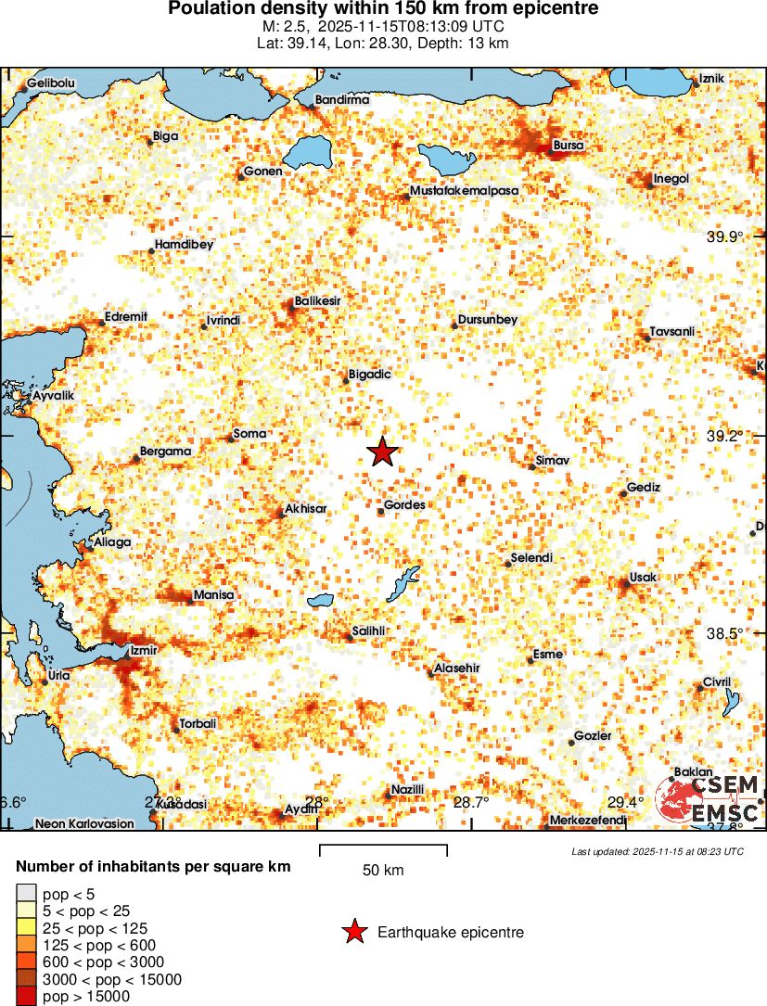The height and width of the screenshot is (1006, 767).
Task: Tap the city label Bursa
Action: click(x=568, y=146)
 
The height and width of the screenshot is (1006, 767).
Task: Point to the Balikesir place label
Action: click(x=317, y=301)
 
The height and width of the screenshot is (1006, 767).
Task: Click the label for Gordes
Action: click(x=404, y=505)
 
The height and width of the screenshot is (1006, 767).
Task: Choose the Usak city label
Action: click(x=643, y=578)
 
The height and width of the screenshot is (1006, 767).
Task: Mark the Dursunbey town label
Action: click(x=487, y=320)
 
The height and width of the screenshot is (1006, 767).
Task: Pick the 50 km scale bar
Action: click(x=383, y=849)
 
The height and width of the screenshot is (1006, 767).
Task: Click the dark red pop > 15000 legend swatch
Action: click(x=26, y=996)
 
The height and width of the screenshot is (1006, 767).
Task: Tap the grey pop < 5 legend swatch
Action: click(x=26, y=895)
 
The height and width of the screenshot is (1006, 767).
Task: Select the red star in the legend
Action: click(x=354, y=932)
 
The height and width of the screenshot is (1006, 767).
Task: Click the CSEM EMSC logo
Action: click(x=709, y=798)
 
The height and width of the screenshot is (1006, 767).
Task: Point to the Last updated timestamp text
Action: click(x=658, y=851)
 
